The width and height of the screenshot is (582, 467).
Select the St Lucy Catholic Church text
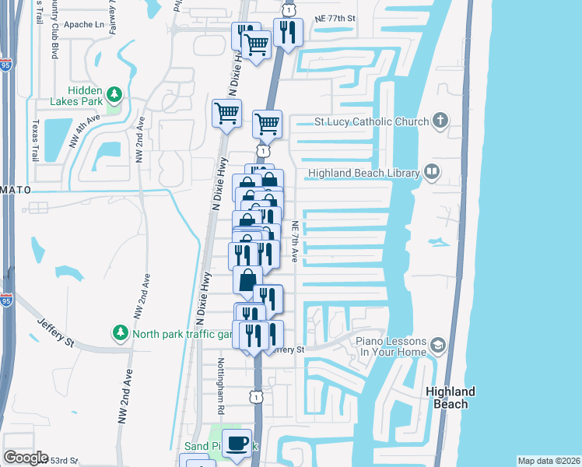click(x=371, y=121)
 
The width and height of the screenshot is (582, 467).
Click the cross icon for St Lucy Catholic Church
click(x=441, y=121)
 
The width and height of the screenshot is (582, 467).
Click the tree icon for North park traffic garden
click(x=120, y=333)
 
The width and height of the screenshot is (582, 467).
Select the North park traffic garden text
click(x=182, y=335)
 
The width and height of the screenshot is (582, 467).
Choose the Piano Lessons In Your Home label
click(x=391, y=347)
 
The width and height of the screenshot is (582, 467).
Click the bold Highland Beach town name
click(x=451, y=397)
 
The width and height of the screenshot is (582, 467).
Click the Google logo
click(x=26, y=458)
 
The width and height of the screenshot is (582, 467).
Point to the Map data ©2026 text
click(x=549, y=461)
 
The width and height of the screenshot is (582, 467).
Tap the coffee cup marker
click(x=237, y=444)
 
